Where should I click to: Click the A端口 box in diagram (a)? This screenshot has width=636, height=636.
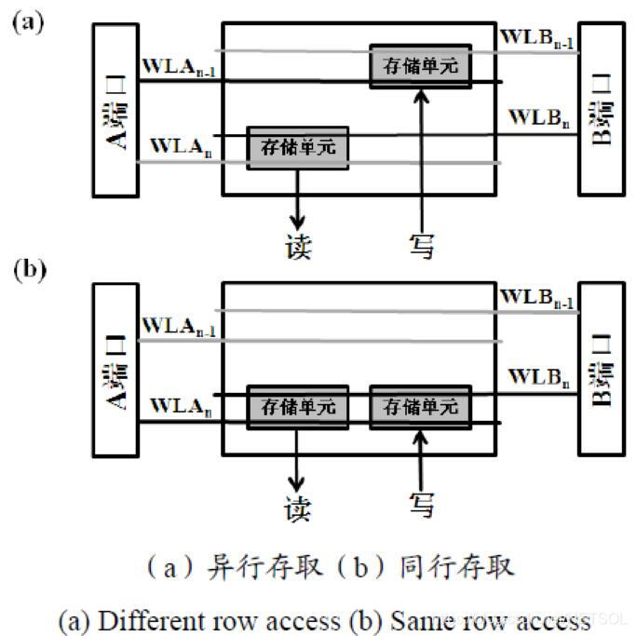115,110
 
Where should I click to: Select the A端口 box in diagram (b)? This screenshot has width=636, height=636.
115,371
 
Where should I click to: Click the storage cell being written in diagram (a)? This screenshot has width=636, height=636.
420,66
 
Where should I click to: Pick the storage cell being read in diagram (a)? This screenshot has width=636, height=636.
298,148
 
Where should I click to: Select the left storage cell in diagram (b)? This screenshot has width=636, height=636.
298,408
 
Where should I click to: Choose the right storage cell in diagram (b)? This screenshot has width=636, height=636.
420,408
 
